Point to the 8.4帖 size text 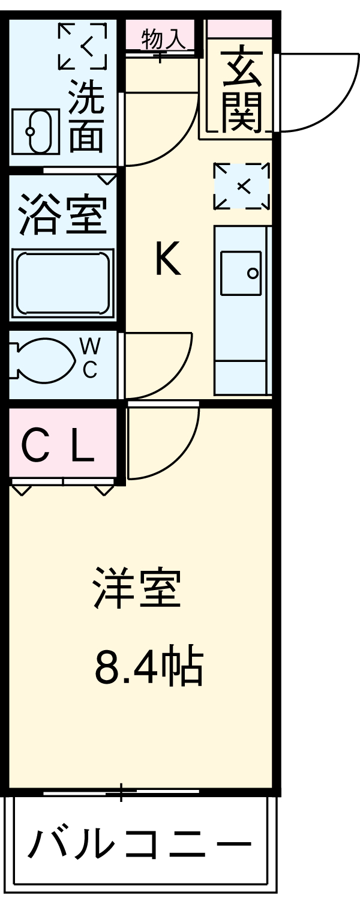tap(148, 667)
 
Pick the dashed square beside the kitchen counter tap(242, 186)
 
